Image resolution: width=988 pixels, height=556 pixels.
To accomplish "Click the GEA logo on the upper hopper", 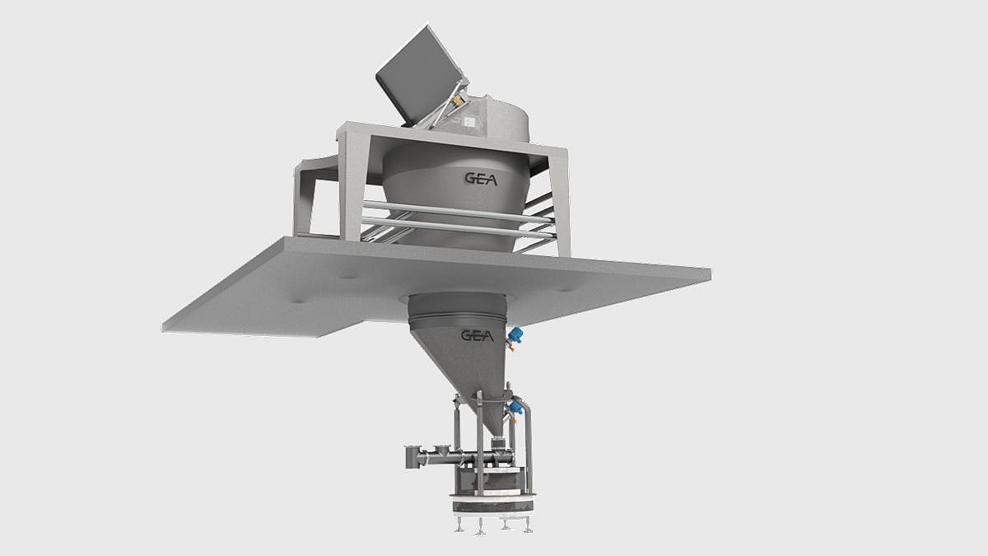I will (481, 179).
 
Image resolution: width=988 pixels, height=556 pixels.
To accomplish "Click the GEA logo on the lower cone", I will (477, 335).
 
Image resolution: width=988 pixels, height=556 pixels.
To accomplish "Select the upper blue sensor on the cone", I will (516, 334).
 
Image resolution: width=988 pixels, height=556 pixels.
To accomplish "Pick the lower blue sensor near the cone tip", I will (516, 407).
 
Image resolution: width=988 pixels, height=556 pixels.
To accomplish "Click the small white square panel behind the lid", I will (468, 122).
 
